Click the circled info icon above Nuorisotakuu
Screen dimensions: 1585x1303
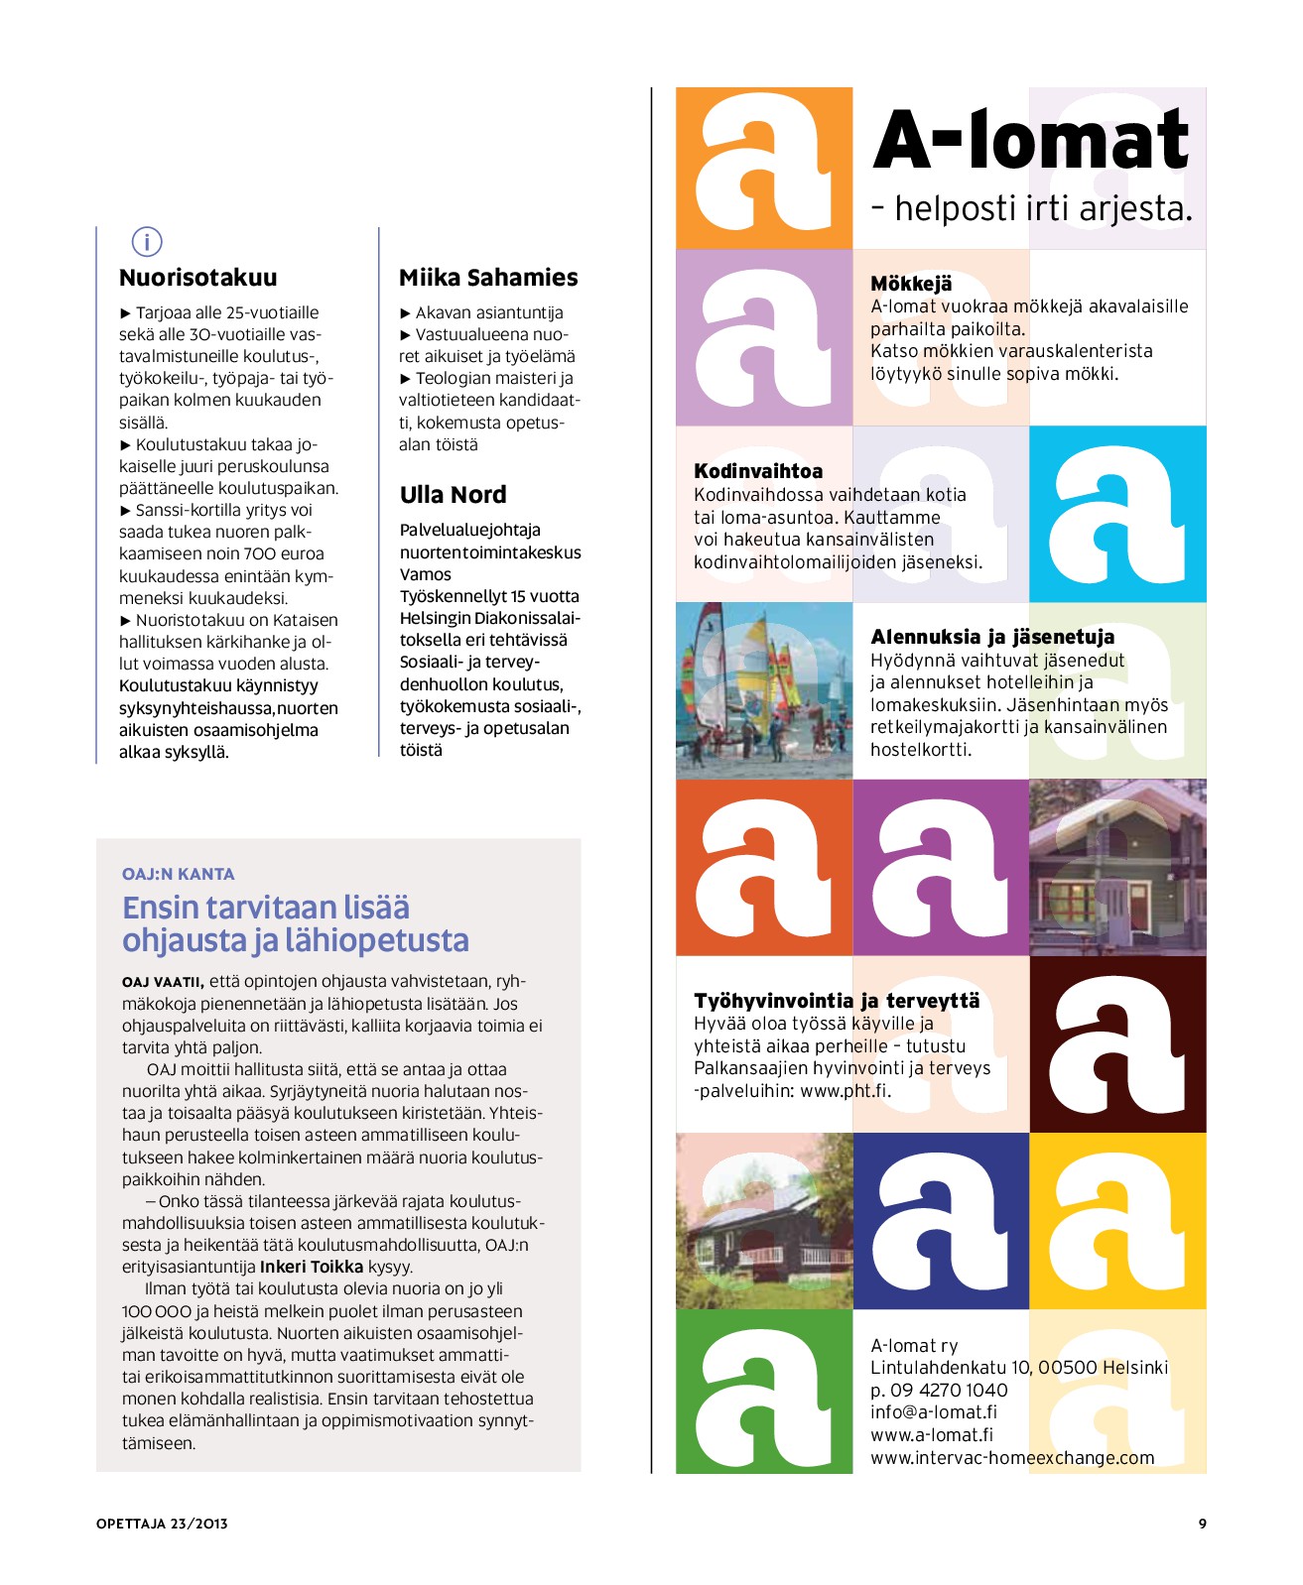click(x=147, y=241)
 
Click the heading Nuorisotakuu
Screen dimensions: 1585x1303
click(x=197, y=278)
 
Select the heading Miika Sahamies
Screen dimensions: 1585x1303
click(x=488, y=278)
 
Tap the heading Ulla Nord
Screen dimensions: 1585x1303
click(x=453, y=495)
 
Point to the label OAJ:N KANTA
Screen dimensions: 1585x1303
click(x=179, y=874)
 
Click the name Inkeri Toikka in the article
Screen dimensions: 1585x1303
click(x=312, y=1267)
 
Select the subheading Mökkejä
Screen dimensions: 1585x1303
click(x=911, y=284)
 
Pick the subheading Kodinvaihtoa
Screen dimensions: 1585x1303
click(x=758, y=471)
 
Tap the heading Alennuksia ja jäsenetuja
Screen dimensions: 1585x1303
click(x=992, y=637)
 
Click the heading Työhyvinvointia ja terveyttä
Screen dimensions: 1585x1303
click(x=837, y=1001)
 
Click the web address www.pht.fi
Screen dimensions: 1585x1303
click(x=845, y=1091)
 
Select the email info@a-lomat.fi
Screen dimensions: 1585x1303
click(x=934, y=1412)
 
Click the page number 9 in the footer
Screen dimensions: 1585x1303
click(x=1202, y=1524)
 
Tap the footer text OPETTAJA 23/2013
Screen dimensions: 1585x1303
click(x=162, y=1524)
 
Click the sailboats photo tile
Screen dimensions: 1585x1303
click(x=764, y=690)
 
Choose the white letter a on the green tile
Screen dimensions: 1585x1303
click(x=764, y=1391)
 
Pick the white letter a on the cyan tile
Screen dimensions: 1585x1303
click(x=1117, y=514)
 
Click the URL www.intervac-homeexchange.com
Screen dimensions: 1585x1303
click(x=1012, y=1458)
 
